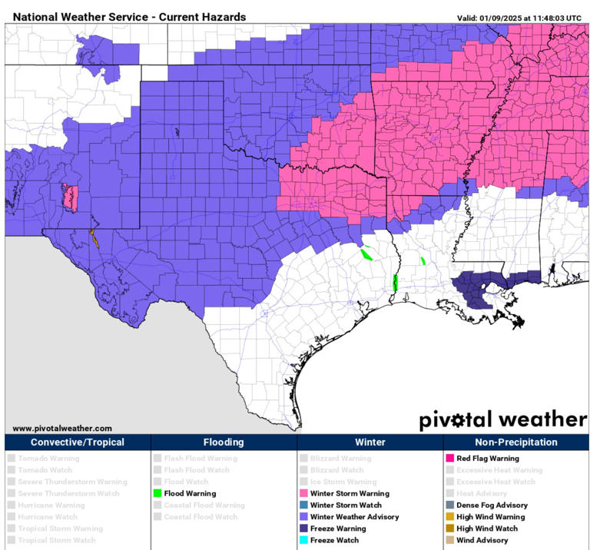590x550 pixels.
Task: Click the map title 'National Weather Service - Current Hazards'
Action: [x=129, y=16]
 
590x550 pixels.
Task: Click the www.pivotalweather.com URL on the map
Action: [x=62, y=428]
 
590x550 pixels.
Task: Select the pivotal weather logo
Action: [x=502, y=420]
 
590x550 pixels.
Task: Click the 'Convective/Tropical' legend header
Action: [x=78, y=442]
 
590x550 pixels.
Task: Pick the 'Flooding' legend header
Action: [x=224, y=442]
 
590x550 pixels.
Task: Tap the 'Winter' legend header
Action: [x=370, y=442]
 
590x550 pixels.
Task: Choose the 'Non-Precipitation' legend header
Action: [x=515, y=442]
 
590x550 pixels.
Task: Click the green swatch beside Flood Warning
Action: [x=157, y=493]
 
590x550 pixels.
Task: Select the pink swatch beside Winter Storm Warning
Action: [x=303, y=493]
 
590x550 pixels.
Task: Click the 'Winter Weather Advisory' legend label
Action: [x=354, y=517]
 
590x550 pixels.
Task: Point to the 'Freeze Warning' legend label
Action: [x=338, y=528]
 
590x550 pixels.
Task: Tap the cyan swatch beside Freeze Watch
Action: [x=303, y=540]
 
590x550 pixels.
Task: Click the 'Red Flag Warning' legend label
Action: [x=487, y=459]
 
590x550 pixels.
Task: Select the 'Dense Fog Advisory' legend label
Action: [x=492, y=505]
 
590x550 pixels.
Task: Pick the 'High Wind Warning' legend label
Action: [x=491, y=517]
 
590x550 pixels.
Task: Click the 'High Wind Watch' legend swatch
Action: [x=449, y=528]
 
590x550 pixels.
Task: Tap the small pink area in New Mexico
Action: [x=71, y=199]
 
